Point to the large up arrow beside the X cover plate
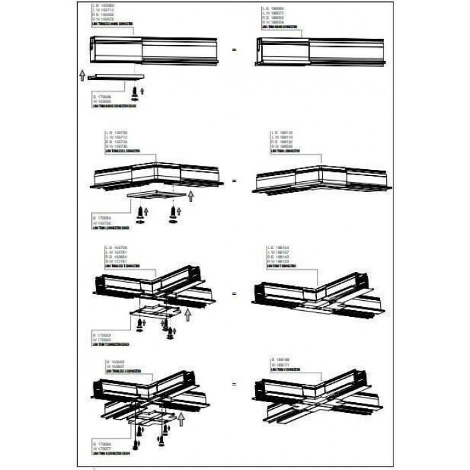click(181, 418)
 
